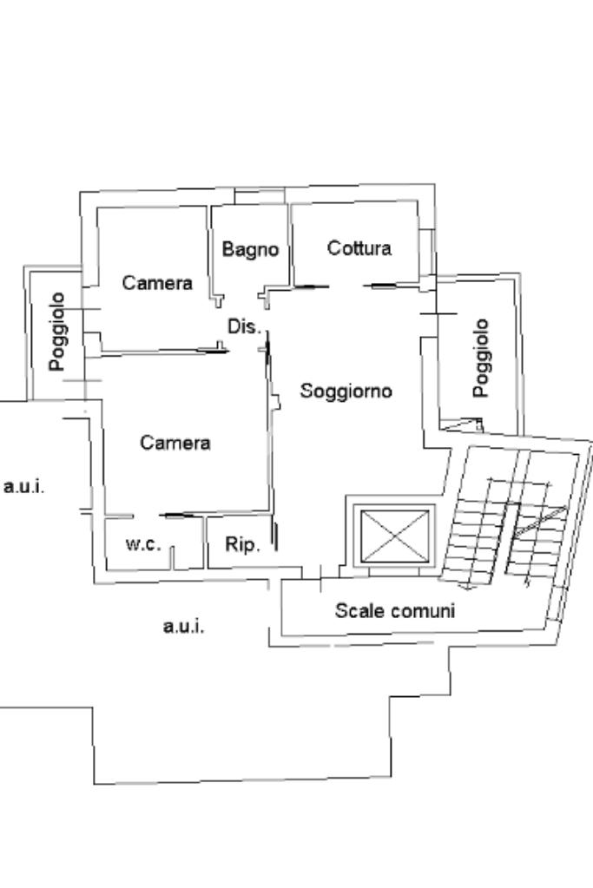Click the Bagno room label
click(x=250, y=250)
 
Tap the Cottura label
click(x=359, y=248)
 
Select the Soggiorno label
click(x=346, y=391)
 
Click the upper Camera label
click(x=157, y=283)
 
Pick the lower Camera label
click(x=175, y=443)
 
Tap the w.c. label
click(x=143, y=544)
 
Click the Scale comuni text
click(x=394, y=610)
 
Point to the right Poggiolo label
click(x=481, y=357)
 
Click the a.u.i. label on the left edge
click(x=24, y=487)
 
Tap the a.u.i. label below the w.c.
click(x=184, y=626)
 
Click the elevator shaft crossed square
click(x=395, y=535)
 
